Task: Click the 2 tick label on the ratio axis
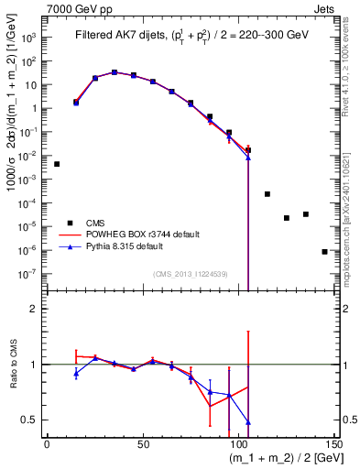36,310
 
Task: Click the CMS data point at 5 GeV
57,164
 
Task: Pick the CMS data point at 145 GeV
324,251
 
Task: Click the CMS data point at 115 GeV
267,194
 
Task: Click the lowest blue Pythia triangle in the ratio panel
248,422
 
